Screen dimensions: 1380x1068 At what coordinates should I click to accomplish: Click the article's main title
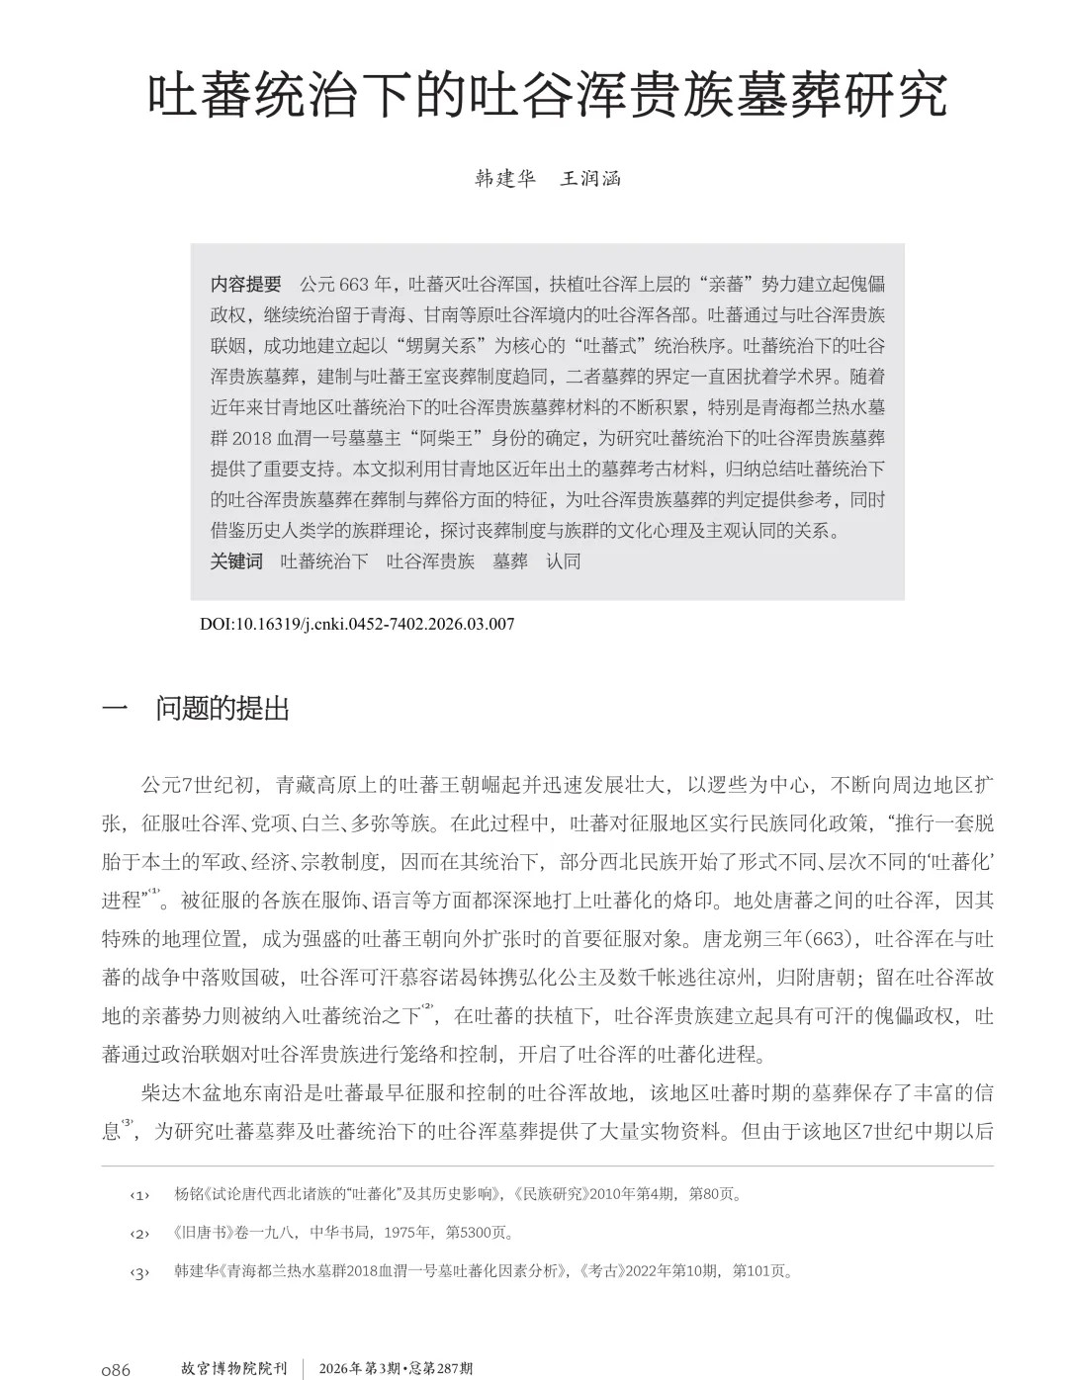click(547, 96)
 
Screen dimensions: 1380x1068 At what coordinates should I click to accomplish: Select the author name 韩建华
click(504, 179)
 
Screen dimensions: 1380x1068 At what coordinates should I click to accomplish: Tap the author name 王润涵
click(590, 179)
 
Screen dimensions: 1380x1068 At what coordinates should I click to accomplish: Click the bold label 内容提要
click(246, 285)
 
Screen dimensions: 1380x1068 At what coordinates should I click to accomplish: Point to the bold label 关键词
click(237, 561)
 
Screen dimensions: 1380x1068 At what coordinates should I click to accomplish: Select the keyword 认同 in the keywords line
click(563, 561)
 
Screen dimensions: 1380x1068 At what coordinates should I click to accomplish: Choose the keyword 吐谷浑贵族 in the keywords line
click(430, 561)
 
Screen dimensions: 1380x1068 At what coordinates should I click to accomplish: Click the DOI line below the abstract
click(357, 624)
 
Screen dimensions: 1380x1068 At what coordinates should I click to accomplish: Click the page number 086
click(116, 1369)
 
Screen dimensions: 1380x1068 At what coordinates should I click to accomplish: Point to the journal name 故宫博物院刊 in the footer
click(233, 1369)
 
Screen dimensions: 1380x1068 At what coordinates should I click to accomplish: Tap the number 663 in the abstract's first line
click(353, 285)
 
